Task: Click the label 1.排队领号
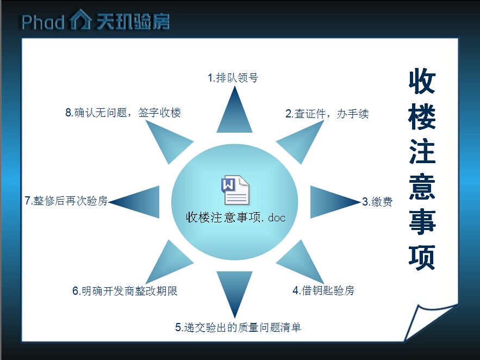pyautogui.click(x=233, y=78)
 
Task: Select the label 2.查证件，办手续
pyautogui.click(x=327, y=114)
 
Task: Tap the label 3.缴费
pyautogui.click(x=377, y=202)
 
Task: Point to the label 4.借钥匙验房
pyautogui.click(x=323, y=290)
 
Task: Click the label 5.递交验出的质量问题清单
pyautogui.click(x=238, y=327)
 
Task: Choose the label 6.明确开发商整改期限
pyautogui.click(x=125, y=291)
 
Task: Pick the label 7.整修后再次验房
pyautogui.click(x=66, y=201)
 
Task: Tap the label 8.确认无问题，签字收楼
pyautogui.click(x=123, y=113)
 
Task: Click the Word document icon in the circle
pyautogui.click(x=235, y=190)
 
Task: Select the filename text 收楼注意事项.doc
pyautogui.click(x=236, y=218)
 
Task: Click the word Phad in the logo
pyautogui.click(x=42, y=22)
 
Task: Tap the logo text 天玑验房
pyautogui.click(x=133, y=21)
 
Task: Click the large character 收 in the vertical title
pyautogui.click(x=422, y=81)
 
